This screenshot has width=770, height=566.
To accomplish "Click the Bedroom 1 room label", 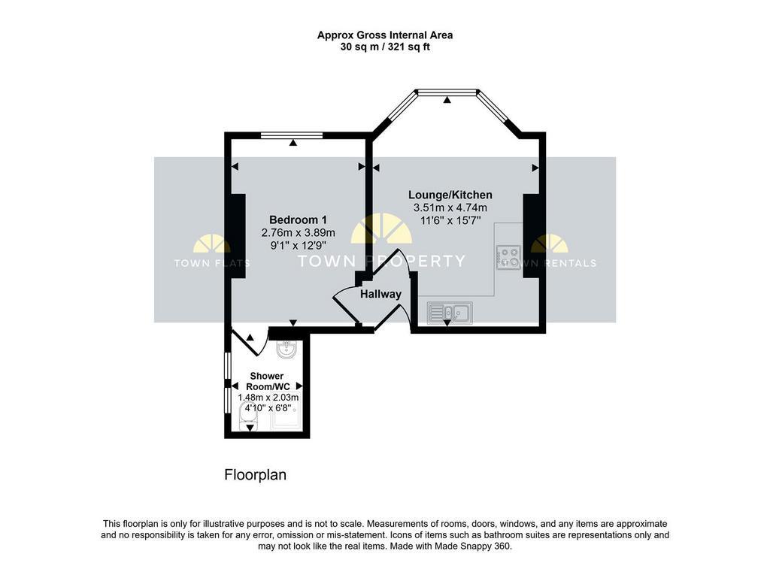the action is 298,219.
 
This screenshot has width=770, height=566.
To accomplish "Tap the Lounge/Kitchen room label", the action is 450,195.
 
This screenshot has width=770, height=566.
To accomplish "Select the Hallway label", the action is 380,294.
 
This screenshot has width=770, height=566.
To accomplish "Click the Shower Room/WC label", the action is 267,381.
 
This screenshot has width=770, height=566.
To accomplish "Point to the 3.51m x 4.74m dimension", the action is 450,207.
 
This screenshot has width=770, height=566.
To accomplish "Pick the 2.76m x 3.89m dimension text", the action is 298,232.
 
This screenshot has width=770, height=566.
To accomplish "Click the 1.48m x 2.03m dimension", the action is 268,397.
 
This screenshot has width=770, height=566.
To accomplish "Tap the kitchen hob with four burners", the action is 508,257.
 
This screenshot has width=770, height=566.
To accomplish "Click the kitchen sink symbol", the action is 450,313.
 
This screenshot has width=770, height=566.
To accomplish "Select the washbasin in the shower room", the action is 286,350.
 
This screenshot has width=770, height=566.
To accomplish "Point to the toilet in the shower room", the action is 248,416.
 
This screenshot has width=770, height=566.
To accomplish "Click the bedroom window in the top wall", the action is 292,135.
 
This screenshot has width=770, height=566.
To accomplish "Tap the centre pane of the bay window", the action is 447,91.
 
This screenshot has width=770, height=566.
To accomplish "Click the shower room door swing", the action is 250,341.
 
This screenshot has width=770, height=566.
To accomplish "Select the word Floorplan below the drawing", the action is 256,475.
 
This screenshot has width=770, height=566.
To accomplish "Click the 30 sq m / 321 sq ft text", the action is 385,47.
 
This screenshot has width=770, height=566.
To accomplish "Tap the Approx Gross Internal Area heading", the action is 385,35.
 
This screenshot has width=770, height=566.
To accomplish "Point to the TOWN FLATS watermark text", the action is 212,263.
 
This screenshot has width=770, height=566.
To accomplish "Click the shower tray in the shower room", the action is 283,417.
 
